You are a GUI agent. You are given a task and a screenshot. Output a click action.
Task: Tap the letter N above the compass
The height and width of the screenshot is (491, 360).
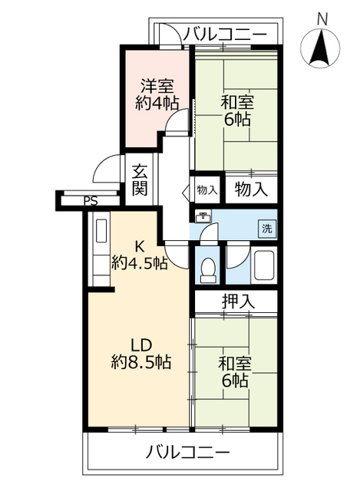point(323,18)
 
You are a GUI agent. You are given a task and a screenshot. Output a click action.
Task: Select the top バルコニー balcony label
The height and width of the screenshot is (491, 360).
point(226,35)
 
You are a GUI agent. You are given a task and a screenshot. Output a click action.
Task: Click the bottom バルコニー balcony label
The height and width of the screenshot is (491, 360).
point(187,452)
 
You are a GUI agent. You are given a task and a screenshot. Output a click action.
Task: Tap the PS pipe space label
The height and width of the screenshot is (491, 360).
point(91,202)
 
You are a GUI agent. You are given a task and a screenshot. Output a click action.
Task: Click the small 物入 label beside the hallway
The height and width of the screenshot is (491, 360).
point(206,189)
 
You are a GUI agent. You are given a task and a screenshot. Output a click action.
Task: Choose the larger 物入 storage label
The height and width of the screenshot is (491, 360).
point(251,189)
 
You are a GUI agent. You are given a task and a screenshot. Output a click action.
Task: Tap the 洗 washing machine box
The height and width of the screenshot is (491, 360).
point(266,228)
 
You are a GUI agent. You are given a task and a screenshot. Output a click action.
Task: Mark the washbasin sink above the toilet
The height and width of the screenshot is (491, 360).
point(203,217)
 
